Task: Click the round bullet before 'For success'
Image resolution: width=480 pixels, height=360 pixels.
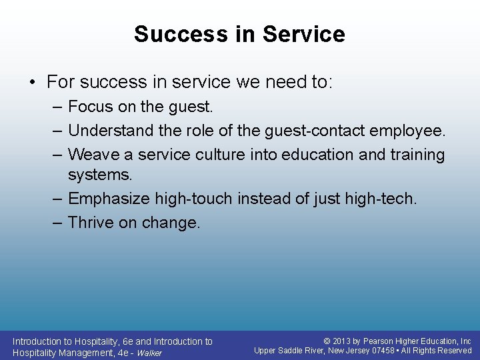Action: click(x=33, y=83)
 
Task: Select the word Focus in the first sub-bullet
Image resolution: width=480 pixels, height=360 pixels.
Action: click(x=91, y=107)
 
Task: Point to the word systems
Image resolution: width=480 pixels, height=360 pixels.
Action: click(x=100, y=175)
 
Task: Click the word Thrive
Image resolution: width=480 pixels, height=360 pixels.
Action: click(x=91, y=223)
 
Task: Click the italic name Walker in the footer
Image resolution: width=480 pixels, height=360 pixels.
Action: click(x=149, y=353)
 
